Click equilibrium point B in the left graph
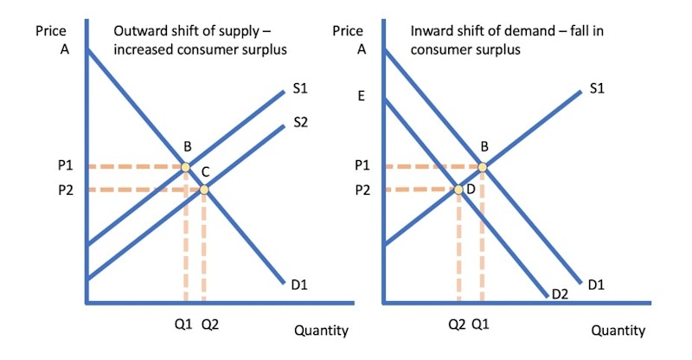186,167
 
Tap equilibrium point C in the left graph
204,190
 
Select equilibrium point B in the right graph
483,167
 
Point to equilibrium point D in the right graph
458,190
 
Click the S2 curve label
300,122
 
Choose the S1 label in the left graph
300,89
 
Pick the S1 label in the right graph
597,89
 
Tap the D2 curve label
560,293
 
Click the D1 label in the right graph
596,285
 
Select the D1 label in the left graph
299,285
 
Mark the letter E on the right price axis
361,96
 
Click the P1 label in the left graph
66,165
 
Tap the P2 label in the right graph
362,190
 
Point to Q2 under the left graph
210,325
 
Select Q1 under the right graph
480,325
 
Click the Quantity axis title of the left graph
321,331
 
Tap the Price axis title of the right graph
348,31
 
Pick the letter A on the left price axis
64,49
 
